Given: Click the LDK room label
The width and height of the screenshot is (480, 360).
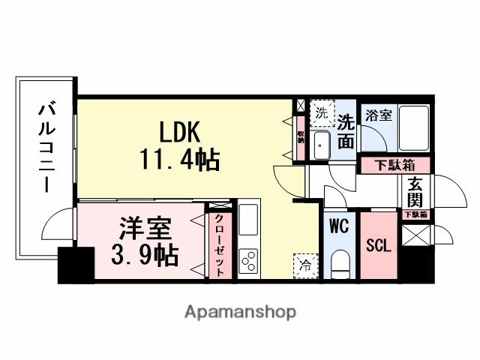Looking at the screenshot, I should pos(178,132).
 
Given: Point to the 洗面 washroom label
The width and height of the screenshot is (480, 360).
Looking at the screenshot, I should pos(346,130).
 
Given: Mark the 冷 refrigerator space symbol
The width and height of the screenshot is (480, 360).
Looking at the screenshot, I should pos(304,264).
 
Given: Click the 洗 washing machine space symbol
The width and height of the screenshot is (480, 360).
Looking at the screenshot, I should pos(320,114).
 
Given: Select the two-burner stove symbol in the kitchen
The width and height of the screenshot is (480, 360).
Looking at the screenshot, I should pos(248,262).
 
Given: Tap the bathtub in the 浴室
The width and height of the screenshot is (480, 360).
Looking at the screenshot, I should pos(412,129).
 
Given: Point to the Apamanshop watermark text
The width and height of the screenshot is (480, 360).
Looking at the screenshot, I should pos(239,311).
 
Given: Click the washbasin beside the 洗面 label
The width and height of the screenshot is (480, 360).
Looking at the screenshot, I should pos(321,143).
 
